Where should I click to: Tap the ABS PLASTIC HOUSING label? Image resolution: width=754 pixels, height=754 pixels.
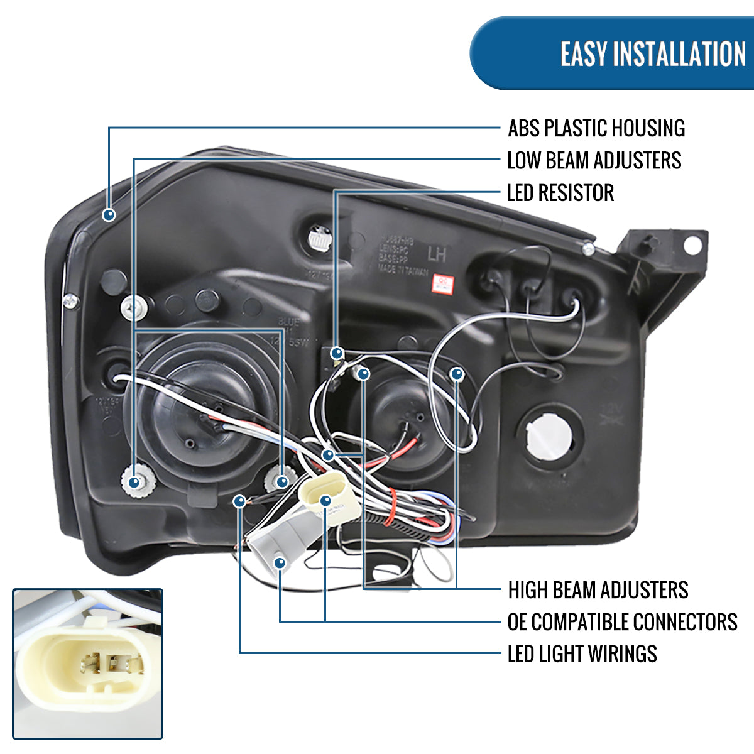pos(596,128)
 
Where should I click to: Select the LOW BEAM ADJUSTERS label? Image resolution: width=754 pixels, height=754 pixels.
pos(594,160)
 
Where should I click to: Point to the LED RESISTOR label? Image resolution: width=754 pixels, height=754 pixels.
pos(560,193)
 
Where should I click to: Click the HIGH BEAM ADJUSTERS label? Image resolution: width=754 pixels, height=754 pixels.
pos(598,590)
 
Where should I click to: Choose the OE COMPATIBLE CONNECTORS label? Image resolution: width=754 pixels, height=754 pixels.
pos(621,622)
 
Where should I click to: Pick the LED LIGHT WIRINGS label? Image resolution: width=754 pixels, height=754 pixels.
pos(582,654)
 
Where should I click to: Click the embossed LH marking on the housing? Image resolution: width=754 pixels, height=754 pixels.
pos(437,254)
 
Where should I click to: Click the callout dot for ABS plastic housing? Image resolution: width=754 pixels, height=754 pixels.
pos(109,215)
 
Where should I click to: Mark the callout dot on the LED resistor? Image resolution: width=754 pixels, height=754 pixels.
pos(337,353)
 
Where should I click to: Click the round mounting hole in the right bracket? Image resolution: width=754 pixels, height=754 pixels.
pos(692,245)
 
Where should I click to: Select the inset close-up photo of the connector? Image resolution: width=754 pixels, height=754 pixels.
pos(87,664)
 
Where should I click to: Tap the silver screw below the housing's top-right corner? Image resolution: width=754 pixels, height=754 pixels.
pos(588,249)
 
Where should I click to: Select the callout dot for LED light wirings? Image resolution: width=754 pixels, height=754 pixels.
pos(239,501)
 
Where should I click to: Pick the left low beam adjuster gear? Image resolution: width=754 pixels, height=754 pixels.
pos(133,482)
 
